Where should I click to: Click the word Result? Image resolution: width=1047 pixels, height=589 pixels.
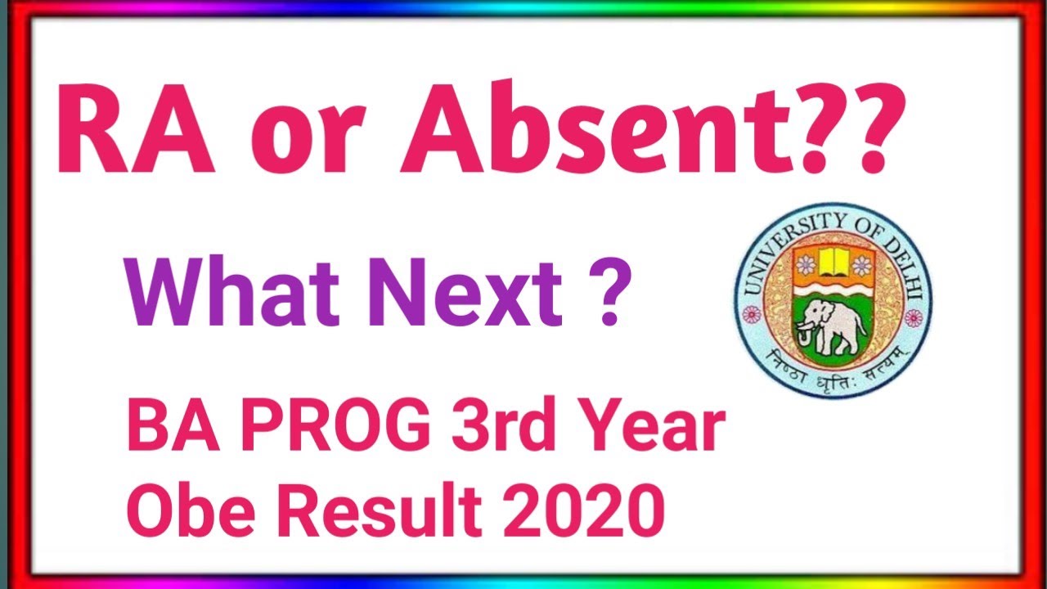coord(393,508)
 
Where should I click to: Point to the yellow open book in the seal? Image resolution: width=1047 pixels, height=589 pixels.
coord(832,261)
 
